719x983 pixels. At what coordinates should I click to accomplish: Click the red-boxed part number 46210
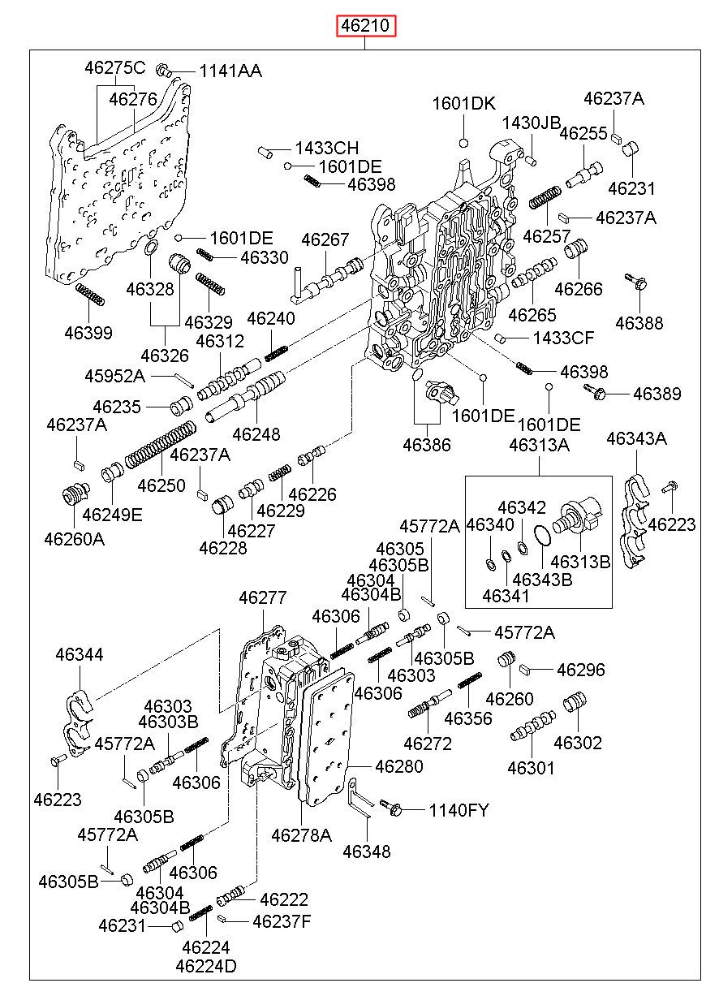[366, 25]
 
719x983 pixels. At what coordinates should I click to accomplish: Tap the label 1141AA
[230, 71]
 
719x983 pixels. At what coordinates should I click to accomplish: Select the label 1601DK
[463, 104]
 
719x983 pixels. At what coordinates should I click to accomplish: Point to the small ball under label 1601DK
[463, 143]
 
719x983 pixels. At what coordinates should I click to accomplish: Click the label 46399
[88, 333]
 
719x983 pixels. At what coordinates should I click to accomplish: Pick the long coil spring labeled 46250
[160, 444]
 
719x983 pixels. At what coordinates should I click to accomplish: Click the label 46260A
[75, 539]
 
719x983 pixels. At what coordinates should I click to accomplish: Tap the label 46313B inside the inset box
[580, 562]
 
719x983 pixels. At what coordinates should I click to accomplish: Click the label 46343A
[636, 438]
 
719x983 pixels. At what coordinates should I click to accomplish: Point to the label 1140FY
[459, 810]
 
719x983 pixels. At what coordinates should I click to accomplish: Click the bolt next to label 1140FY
[391, 807]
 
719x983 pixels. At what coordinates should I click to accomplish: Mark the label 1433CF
[563, 338]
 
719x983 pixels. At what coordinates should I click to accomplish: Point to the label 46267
[325, 239]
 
